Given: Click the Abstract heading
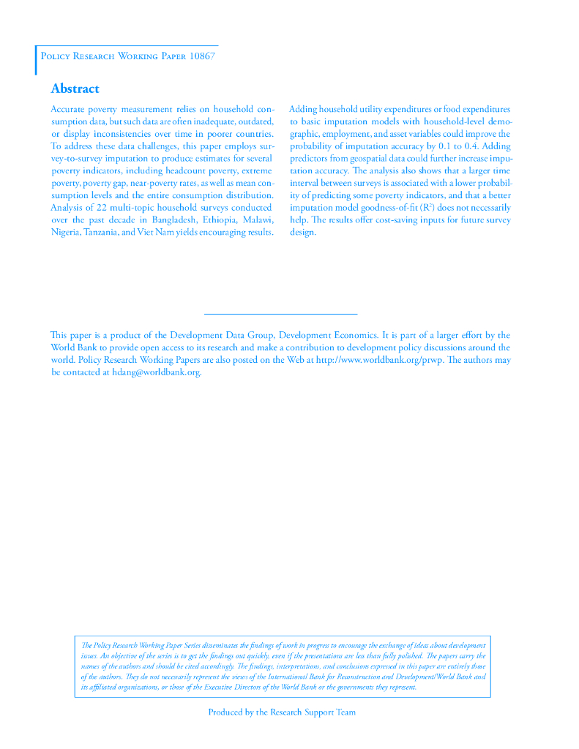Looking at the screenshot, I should coord(75,89).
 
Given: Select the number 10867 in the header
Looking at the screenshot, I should coord(199,56).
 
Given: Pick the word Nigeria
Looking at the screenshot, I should coord(66,233).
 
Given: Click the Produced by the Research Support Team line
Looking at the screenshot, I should coord(282,712).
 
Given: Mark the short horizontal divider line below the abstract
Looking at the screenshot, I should coord(280,314).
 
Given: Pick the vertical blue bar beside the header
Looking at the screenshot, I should coord(36,60).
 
